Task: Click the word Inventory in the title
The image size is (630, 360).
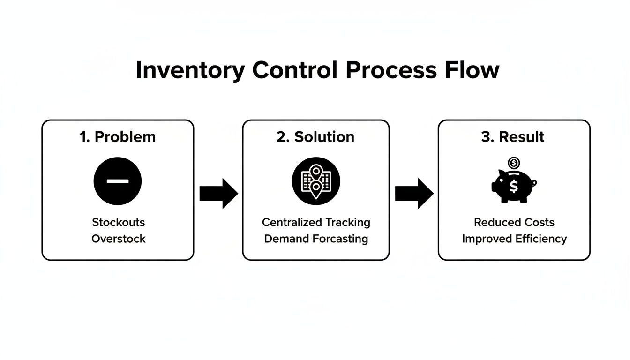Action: coord(190,70)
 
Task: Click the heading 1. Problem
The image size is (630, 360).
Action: coord(118,137)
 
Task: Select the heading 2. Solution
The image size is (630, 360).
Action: coord(315,137)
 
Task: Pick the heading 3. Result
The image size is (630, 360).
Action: coord(513,137)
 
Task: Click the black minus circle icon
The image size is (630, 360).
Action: coord(118,181)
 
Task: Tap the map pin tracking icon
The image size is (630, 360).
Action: coord(316,181)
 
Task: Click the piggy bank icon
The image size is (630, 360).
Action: coord(513,186)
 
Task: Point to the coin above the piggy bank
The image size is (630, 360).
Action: coord(514,163)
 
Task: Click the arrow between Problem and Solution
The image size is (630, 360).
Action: coord(218,193)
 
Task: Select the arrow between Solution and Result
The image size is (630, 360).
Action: coord(414,193)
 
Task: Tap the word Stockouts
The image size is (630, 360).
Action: coord(118,222)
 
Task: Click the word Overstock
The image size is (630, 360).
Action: coord(118,239)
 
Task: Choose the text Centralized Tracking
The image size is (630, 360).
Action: coord(316,222)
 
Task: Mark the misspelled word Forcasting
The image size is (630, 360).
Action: coord(341,239)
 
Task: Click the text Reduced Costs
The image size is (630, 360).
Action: coord(514,222)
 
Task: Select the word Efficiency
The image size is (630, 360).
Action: coord(541,239)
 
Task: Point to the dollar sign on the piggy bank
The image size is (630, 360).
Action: coord(514,187)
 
